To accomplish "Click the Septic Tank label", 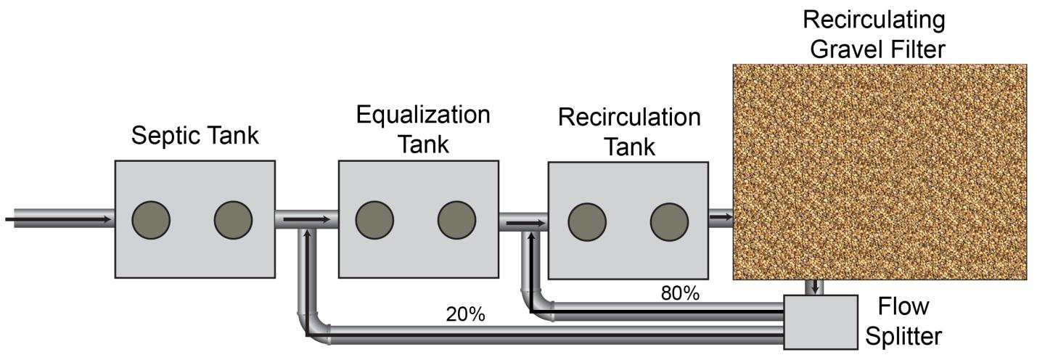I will click(x=194, y=136).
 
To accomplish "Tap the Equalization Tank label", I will click(x=422, y=128).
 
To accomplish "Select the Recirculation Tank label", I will click(x=628, y=131).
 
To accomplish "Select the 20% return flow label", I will click(x=465, y=314).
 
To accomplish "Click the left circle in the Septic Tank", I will click(x=151, y=219).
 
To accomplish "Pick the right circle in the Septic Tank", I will click(x=233, y=219).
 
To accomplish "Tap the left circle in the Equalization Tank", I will click(x=374, y=219).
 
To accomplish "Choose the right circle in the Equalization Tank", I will click(x=456, y=219).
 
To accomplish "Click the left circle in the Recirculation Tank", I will click(x=587, y=221).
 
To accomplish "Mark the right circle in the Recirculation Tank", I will click(x=668, y=221).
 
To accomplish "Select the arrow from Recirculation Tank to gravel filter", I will click(x=721, y=216).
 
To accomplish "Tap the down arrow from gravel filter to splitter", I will click(x=816, y=286).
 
